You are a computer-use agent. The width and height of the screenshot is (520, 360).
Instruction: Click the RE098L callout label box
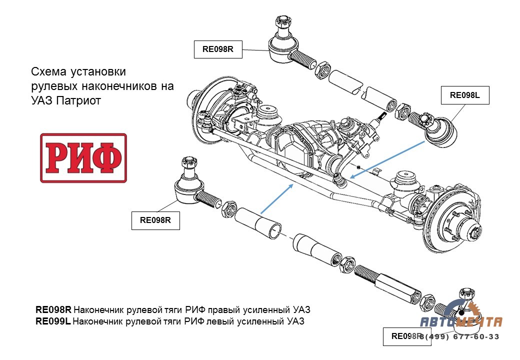464,95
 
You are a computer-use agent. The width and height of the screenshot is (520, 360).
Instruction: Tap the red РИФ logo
83,158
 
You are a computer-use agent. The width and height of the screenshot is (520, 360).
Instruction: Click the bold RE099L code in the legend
53,321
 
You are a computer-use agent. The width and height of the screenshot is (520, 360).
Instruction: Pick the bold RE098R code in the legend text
53,309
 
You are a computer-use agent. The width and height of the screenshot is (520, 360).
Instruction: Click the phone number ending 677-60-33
459,336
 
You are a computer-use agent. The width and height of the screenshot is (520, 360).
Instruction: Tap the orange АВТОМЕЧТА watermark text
460,322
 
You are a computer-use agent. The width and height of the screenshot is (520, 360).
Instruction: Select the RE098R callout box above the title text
218,49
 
